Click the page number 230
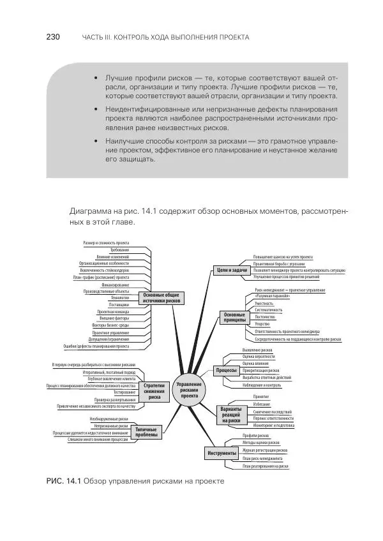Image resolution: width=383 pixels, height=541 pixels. pyautogui.click(x=52, y=37)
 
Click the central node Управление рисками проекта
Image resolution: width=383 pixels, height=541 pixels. pyautogui.click(x=190, y=390)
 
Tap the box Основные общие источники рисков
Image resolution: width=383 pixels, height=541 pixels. pyautogui.click(x=161, y=298)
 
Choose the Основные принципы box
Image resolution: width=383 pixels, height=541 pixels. pyautogui.click(x=234, y=318)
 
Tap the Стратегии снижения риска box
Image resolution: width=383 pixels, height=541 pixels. pyautogui.click(x=154, y=390)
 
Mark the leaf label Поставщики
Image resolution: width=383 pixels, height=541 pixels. pyautogui.click(x=118, y=305)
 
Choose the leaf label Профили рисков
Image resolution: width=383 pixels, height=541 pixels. pyautogui.click(x=255, y=434)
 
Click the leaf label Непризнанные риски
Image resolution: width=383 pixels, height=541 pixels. pyautogui.click(x=110, y=426)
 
